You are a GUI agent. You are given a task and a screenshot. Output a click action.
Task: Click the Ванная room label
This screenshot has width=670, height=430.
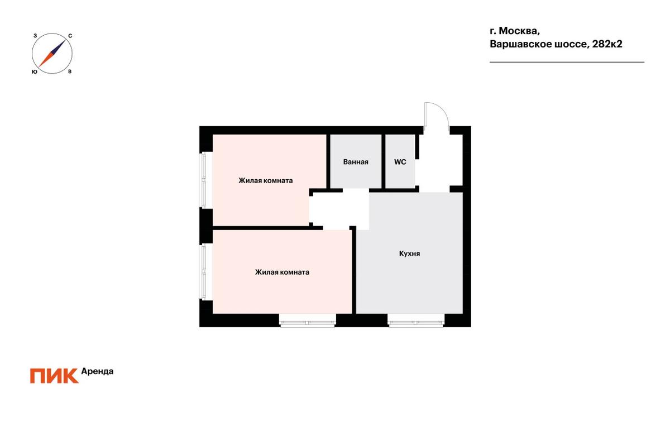(x=356, y=162)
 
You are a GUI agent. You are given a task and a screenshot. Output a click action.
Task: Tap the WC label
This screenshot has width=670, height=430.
(x=400, y=162)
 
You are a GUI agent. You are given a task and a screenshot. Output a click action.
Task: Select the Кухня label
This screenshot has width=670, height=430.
(x=409, y=254)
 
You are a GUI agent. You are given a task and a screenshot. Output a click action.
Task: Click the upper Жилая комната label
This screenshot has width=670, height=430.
(x=266, y=180)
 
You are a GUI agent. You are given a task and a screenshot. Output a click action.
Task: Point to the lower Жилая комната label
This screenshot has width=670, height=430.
(x=282, y=272)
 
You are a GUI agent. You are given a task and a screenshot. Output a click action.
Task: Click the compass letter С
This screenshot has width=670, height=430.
(x=70, y=36)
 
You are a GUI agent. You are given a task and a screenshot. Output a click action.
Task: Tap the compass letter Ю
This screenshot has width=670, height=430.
(x=35, y=72)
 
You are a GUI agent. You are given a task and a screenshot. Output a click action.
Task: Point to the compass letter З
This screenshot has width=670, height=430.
(x=35, y=36)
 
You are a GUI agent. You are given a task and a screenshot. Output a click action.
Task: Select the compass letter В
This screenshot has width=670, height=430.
(x=70, y=72)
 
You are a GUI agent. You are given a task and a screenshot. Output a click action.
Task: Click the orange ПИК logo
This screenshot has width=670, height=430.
(x=55, y=376)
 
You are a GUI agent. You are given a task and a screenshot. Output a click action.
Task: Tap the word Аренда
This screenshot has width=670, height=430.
(x=97, y=371)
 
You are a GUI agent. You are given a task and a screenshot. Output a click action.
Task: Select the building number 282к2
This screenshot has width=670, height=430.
(x=607, y=44)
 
